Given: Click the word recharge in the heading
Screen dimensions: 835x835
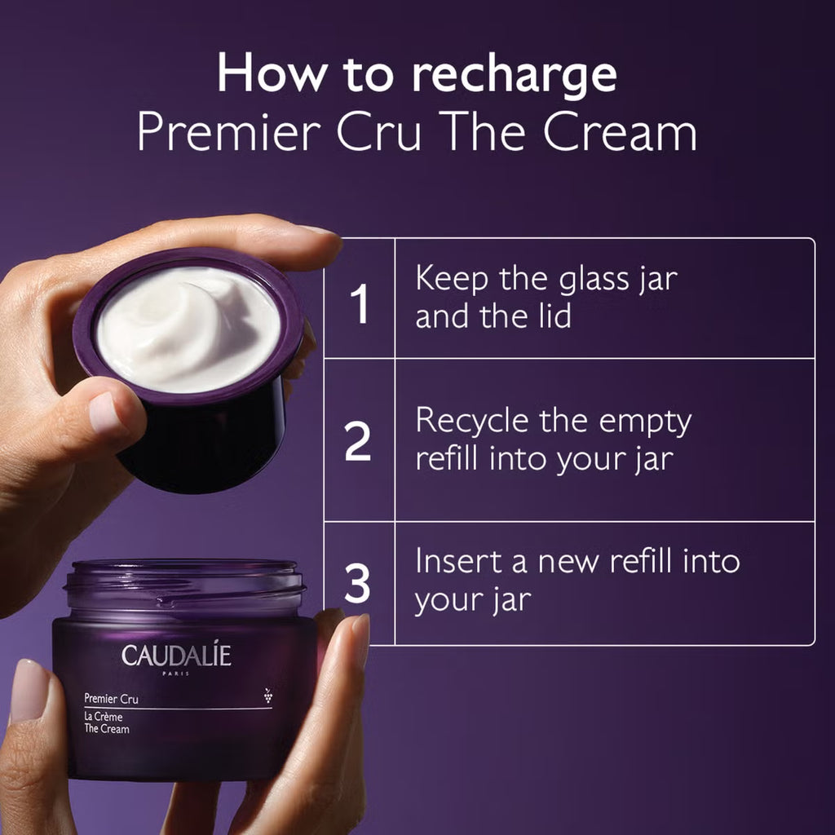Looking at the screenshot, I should pos(514,76).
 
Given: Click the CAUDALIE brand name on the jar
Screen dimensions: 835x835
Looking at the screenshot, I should pos(176,656).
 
